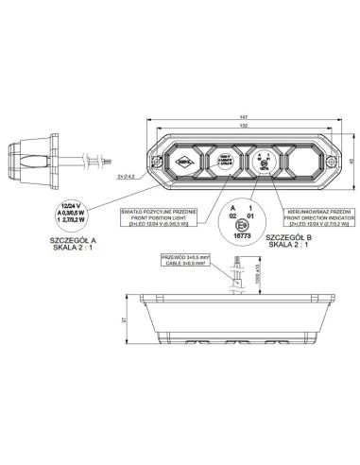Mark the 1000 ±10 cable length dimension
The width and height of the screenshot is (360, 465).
tap(255, 274)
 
